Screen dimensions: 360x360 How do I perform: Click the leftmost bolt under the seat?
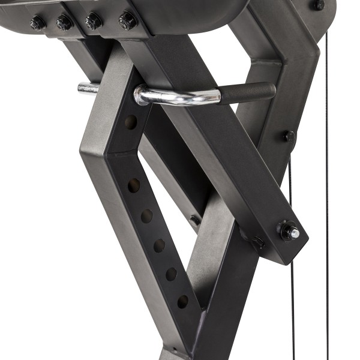(x=38, y=24)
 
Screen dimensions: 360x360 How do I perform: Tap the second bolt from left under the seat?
(x=64, y=23)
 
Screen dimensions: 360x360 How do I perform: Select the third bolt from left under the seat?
(x=93, y=22)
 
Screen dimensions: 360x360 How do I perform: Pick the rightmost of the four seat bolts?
(x=127, y=21)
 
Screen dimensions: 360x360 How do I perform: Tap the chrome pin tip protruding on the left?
(x=88, y=88)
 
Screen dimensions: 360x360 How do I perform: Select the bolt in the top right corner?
(x=317, y=5)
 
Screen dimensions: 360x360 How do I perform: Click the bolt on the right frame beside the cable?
(x=289, y=136)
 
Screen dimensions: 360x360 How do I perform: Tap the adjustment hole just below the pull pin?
(x=130, y=122)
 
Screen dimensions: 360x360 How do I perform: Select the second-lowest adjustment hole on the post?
(x=171, y=274)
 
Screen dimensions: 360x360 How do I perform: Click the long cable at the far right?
(x=328, y=180)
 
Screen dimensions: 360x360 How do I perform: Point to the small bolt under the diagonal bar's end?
(x=259, y=242)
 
